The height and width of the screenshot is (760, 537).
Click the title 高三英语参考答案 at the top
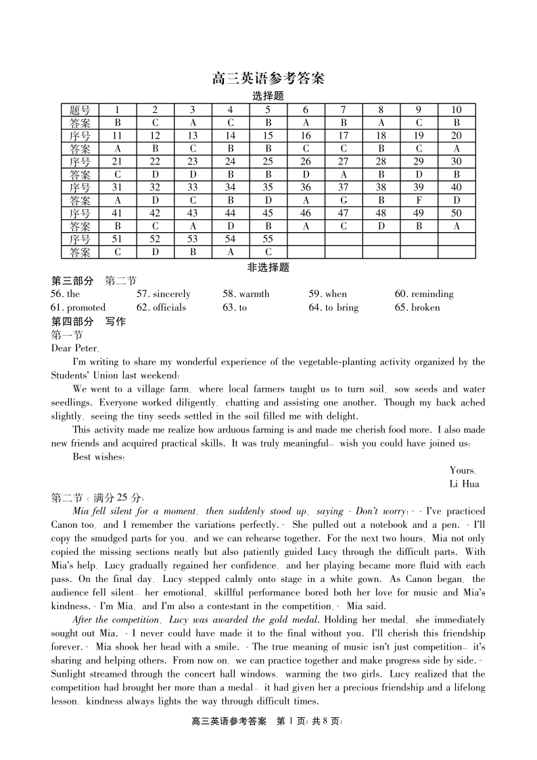(268, 79)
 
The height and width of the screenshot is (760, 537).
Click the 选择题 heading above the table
(268, 96)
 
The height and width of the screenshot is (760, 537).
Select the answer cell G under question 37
(344, 200)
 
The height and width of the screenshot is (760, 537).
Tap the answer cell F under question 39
(419, 200)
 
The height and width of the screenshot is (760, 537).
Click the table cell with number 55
(268, 239)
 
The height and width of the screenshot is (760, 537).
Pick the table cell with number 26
(306, 162)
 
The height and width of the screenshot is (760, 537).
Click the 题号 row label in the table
(80, 110)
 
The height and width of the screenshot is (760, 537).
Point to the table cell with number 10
(457, 110)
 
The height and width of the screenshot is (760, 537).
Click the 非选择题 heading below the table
(268, 267)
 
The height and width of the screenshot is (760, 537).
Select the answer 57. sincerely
(164, 294)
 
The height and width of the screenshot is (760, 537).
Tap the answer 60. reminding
(424, 294)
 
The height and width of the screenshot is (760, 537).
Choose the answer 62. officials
(161, 307)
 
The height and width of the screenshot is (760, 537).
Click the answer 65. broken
(417, 307)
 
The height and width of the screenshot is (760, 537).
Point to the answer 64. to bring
(333, 307)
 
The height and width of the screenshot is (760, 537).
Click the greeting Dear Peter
(75, 348)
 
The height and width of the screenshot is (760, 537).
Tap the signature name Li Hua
(464, 484)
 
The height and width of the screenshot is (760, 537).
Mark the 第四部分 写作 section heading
(88, 321)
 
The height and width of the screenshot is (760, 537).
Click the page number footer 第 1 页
(292, 721)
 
